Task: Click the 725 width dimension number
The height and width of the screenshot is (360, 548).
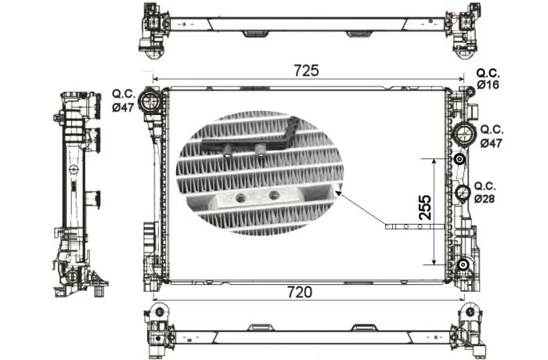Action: [306, 70]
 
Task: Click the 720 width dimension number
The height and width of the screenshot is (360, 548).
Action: [300, 292]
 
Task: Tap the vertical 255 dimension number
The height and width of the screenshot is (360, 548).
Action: [425, 207]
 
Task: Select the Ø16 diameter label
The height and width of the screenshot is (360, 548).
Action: [489, 85]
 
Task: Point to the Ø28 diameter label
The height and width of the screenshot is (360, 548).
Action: [485, 199]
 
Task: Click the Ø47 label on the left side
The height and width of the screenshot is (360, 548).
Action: [123, 108]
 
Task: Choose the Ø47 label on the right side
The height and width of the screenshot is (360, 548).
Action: [491, 143]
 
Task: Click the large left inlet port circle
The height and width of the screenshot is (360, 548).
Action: [150, 101]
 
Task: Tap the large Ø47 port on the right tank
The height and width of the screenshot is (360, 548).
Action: [464, 135]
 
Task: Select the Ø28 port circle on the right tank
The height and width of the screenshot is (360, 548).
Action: [463, 193]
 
